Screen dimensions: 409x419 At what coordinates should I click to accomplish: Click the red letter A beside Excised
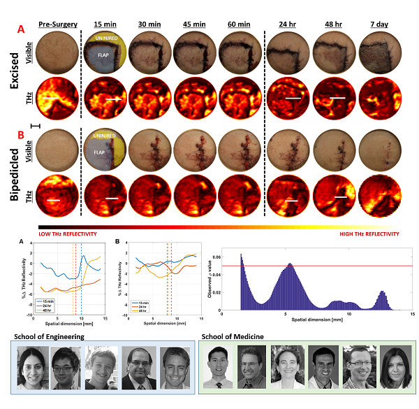click(x=21, y=31)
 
